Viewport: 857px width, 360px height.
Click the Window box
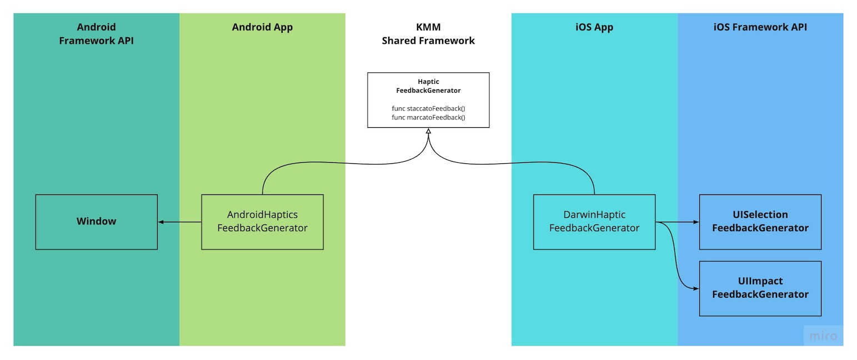pos(96,222)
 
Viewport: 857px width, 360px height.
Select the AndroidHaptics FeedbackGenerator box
pos(262,222)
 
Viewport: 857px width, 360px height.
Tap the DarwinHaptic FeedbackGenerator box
pos(594,222)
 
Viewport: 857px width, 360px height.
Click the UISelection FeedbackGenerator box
pos(760,222)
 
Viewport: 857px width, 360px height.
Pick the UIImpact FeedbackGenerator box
pos(760,288)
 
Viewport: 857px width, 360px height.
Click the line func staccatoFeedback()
pos(428,108)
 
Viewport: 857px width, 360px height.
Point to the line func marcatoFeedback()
pos(428,117)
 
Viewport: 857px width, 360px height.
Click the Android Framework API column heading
pos(96,34)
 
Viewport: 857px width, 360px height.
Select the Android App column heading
pos(262,27)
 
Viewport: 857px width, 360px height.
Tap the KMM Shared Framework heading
pos(428,34)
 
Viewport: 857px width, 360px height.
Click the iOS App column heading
pos(594,27)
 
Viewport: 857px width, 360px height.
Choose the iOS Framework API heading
pos(760,27)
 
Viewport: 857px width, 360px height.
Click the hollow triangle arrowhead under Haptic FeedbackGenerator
pos(428,131)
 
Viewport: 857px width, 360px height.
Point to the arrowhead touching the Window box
pos(161,222)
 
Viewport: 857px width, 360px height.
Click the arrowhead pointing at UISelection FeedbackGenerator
pos(695,222)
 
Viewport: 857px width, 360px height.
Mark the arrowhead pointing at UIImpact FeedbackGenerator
pos(695,288)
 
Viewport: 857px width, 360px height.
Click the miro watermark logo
pos(823,336)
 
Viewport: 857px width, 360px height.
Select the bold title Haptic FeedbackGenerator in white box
pos(428,86)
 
